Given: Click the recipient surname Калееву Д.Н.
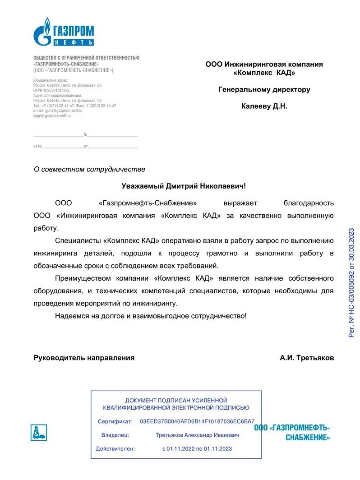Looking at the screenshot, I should (x=264, y=106).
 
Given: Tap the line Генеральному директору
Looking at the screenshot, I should (x=264, y=89).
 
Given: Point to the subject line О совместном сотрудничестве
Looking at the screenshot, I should (x=90, y=170).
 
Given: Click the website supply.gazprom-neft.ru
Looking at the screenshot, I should (x=52, y=116).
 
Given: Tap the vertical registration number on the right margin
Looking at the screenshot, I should (x=351, y=282).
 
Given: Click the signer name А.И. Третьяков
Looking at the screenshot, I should (x=307, y=358).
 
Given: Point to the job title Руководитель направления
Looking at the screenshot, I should (x=84, y=358).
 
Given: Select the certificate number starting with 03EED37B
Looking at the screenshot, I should (x=197, y=421).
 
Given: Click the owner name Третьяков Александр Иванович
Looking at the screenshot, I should (x=197, y=435).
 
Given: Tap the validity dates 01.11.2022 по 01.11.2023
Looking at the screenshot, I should (x=197, y=449).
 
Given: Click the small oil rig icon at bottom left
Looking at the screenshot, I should (x=38, y=433).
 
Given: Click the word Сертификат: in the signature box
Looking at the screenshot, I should (x=115, y=421).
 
